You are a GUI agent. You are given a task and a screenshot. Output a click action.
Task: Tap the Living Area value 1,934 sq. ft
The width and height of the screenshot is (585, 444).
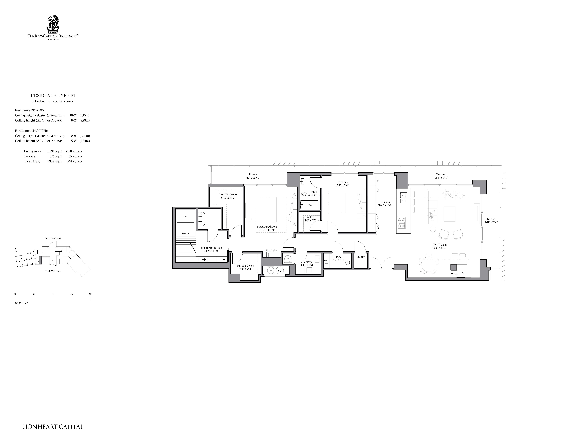pyautogui.click(x=55, y=151)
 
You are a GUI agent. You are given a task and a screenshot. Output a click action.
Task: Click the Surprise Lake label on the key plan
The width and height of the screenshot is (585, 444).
pyautogui.click(x=53, y=238)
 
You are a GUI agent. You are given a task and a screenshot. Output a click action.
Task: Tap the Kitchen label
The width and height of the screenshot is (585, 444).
pyautogui.click(x=385, y=202)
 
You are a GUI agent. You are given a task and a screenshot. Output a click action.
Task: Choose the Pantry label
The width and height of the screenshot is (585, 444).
pyautogui.click(x=360, y=257)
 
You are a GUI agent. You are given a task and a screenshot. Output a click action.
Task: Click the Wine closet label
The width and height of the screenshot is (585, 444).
pyautogui.click(x=454, y=274)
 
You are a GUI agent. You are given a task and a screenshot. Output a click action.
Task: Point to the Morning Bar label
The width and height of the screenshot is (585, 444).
pyautogui.click(x=272, y=250)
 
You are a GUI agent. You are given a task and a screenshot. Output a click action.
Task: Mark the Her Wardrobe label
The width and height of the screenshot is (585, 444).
pyautogui.click(x=228, y=194)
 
